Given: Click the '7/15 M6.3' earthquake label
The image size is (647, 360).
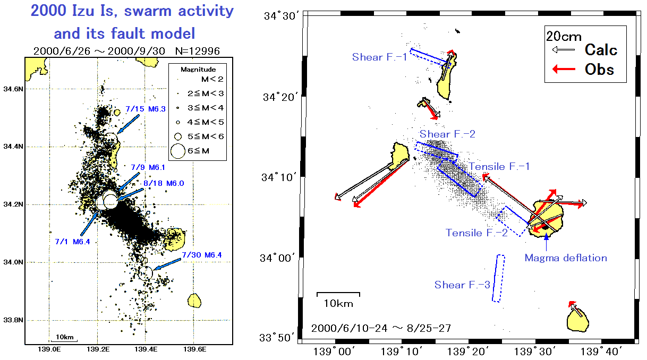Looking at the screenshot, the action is click(146, 109).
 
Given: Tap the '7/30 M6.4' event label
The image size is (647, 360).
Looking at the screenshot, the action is click(202, 255).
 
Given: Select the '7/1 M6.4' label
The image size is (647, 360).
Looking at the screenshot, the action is click(72, 242).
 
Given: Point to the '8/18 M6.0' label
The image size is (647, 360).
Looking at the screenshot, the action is click(164, 183).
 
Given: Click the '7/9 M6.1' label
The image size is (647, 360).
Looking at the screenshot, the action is click(148, 167).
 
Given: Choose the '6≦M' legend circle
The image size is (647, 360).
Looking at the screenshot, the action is click(177, 151).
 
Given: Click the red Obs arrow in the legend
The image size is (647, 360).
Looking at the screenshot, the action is click(564, 69).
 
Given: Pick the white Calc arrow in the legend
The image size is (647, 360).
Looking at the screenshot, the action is click(563, 50).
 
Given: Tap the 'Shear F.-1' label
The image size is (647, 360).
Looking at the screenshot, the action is click(379, 57).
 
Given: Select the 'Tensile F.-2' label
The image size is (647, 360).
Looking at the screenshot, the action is click(476, 233).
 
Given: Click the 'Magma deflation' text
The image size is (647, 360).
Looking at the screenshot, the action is click(566, 258).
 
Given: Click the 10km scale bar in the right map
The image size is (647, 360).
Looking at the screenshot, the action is click(338, 294).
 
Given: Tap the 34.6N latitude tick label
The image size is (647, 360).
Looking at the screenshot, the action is click(13, 89).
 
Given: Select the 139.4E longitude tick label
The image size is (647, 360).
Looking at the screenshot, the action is click(146, 349).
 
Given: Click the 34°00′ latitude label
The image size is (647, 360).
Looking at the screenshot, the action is click(277, 258).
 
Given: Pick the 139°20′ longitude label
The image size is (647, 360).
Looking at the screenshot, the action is click(467, 352).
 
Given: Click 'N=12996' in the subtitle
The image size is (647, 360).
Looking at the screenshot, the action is click(198, 51).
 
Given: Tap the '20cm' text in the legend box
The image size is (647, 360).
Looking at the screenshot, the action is click(564, 37).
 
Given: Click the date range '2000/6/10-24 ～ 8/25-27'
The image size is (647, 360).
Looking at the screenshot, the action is click(381, 328).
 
